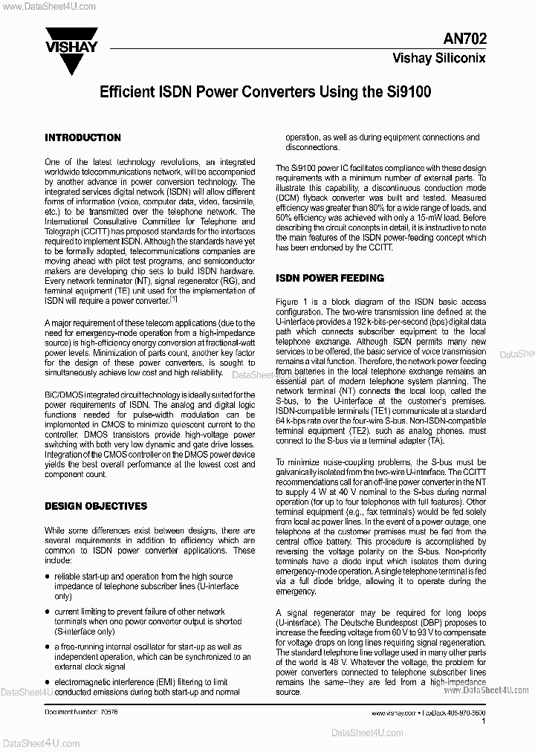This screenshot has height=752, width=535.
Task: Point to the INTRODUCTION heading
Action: click(82, 137)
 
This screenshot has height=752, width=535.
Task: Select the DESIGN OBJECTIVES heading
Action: click(96, 506)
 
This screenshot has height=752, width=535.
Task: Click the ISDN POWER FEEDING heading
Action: click(330, 278)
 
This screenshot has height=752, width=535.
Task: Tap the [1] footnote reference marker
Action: click(173, 298)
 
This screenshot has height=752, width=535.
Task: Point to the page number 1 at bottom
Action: click(484, 721)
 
